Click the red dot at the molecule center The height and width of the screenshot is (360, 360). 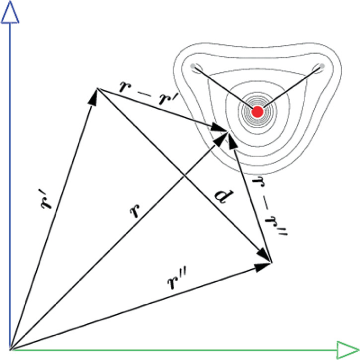(x=257, y=111)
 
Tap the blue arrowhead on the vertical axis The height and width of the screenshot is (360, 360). (x=11, y=13)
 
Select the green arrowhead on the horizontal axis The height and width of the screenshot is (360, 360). (x=347, y=349)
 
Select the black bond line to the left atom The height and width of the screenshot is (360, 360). (x=226, y=89)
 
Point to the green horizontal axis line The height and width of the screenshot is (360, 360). (x=173, y=349)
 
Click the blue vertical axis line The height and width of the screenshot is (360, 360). (x=11, y=184)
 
